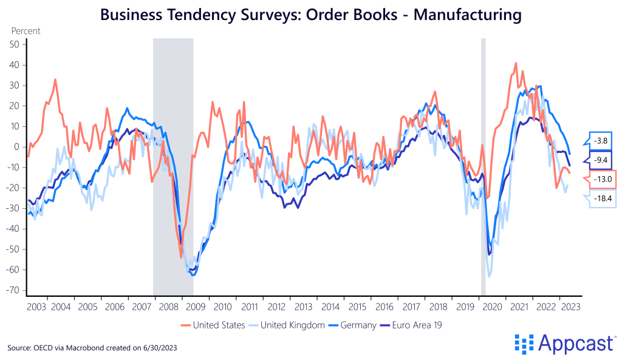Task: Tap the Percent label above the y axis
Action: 25,30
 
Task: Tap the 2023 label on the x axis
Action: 569,307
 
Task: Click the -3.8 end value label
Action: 602,140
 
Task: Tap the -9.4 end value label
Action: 602,160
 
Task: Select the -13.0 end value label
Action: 602,179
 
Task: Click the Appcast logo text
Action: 574,344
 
